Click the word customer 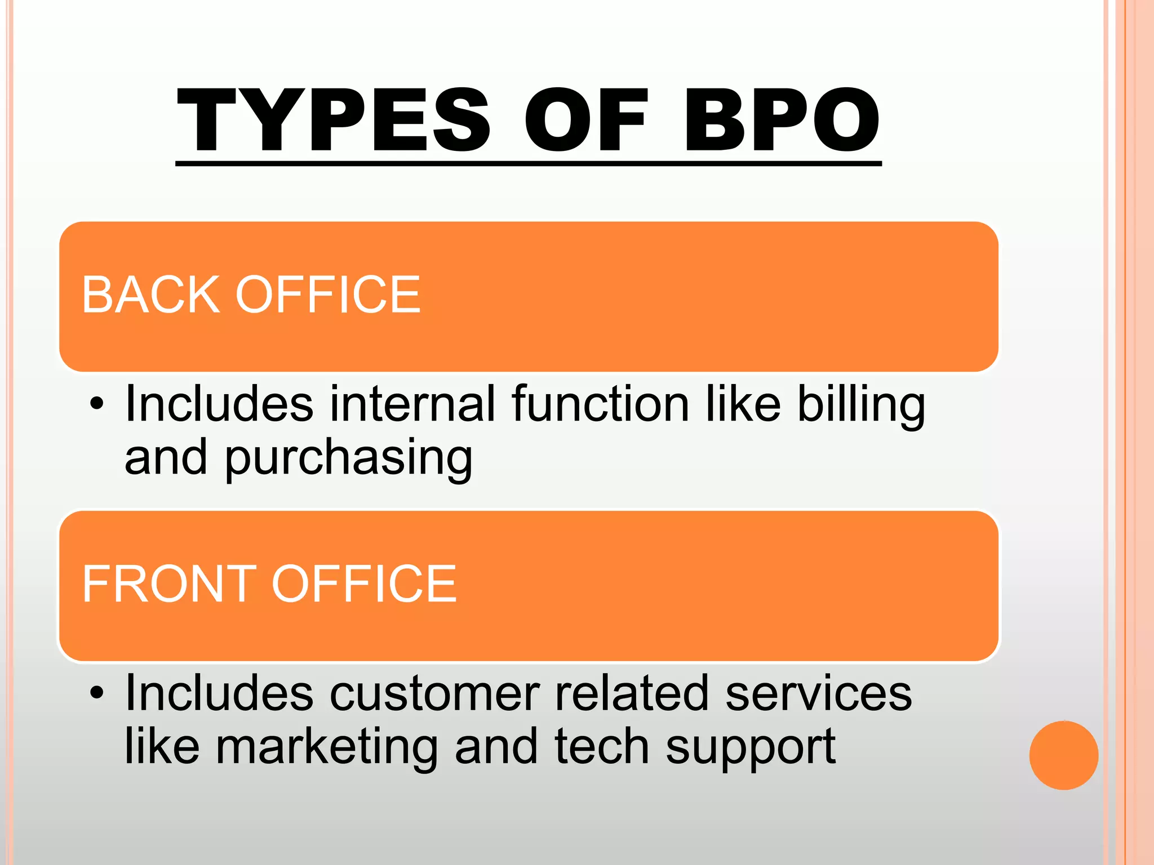tap(434, 694)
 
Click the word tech tap(602, 747)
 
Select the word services tap(818, 694)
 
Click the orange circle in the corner tap(1063, 755)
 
